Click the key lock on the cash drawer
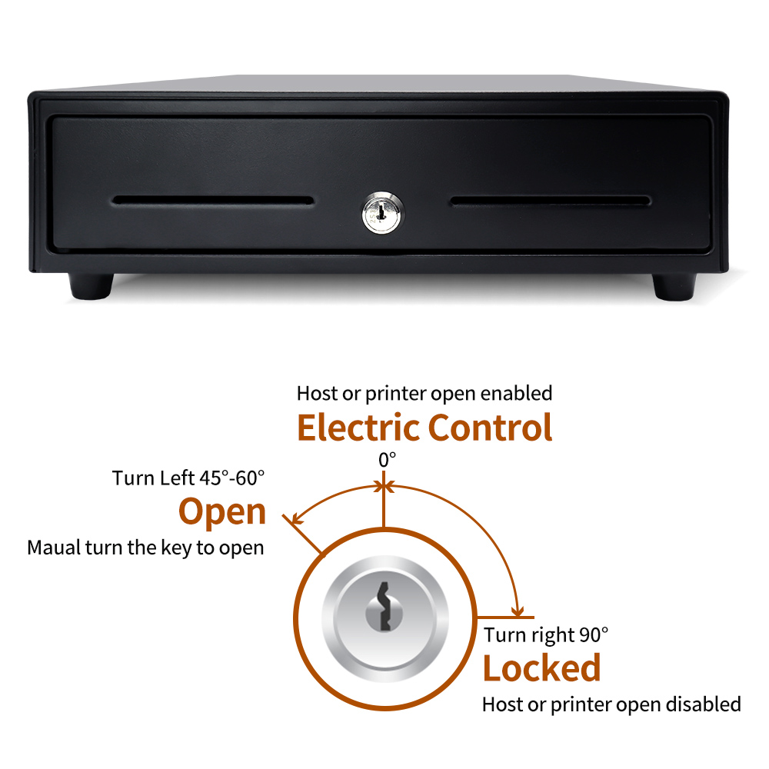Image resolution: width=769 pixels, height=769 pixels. [383, 213]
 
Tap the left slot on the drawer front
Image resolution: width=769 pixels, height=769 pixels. [213, 201]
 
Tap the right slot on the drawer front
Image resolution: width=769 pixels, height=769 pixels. [551, 201]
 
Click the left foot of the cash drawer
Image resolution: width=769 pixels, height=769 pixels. [91, 286]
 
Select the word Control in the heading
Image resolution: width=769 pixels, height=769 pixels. [491, 428]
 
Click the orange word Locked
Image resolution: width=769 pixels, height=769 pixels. [542, 668]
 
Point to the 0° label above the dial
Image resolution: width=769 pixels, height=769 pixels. [387, 460]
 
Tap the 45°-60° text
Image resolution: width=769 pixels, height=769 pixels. [232, 478]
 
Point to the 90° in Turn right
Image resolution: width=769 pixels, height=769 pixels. [594, 634]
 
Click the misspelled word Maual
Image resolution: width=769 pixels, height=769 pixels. [54, 548]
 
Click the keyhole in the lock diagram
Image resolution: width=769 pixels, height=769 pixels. [384, 607]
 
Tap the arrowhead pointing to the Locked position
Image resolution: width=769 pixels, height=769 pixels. [518, 611]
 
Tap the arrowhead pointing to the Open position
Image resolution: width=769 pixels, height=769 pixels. [297, 519]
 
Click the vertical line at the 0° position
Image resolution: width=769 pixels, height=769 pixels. [384, 499]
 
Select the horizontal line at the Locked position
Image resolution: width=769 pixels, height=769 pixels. [505, 618]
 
